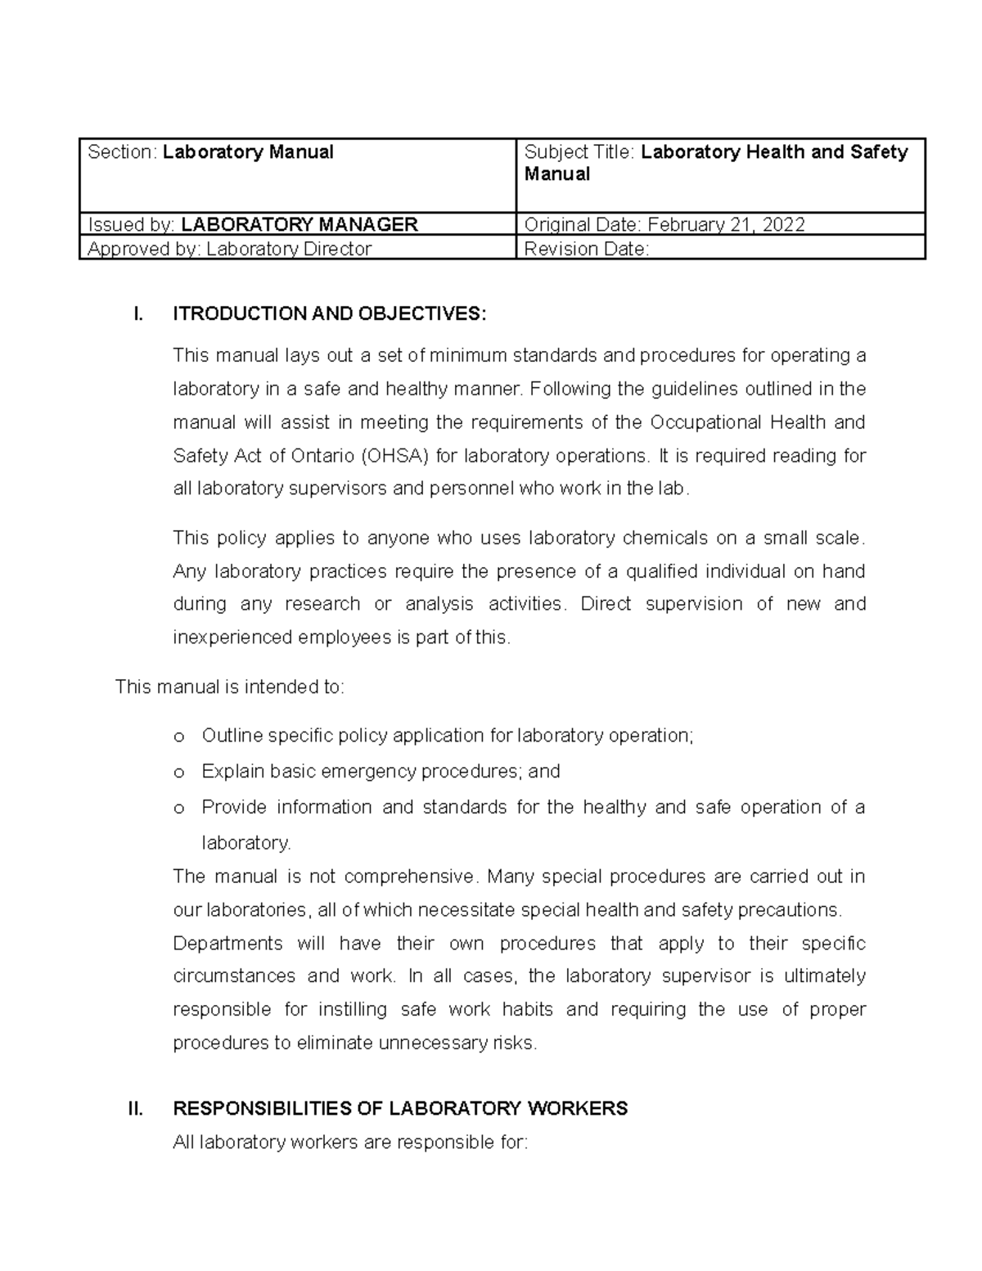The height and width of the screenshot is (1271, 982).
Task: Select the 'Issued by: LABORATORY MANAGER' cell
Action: (x=253, y=224)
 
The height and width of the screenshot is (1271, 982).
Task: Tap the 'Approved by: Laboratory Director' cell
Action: (x=230, y=249)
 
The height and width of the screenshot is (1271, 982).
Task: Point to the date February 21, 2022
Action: (x=726, y=224)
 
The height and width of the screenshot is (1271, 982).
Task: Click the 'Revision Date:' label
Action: (x=586, y=249)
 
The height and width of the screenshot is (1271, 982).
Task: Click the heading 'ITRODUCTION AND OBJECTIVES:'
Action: (x=329, y=314)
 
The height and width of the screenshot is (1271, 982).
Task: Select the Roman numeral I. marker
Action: (x=137, y=314)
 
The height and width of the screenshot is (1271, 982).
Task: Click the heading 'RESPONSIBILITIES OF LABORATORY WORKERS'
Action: (x=400, y=1109)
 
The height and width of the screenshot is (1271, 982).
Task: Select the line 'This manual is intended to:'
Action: (x=230, y=687)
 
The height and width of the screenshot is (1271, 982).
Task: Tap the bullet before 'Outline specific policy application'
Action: (x=179, y=737)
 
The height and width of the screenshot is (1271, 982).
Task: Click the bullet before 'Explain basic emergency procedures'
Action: (x=179, y=772)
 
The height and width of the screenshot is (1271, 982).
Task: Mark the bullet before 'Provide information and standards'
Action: (x=179, y=808)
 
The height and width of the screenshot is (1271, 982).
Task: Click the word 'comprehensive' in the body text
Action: (x=408, y=877)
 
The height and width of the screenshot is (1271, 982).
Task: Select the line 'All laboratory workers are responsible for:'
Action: (x=350, y=1143)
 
